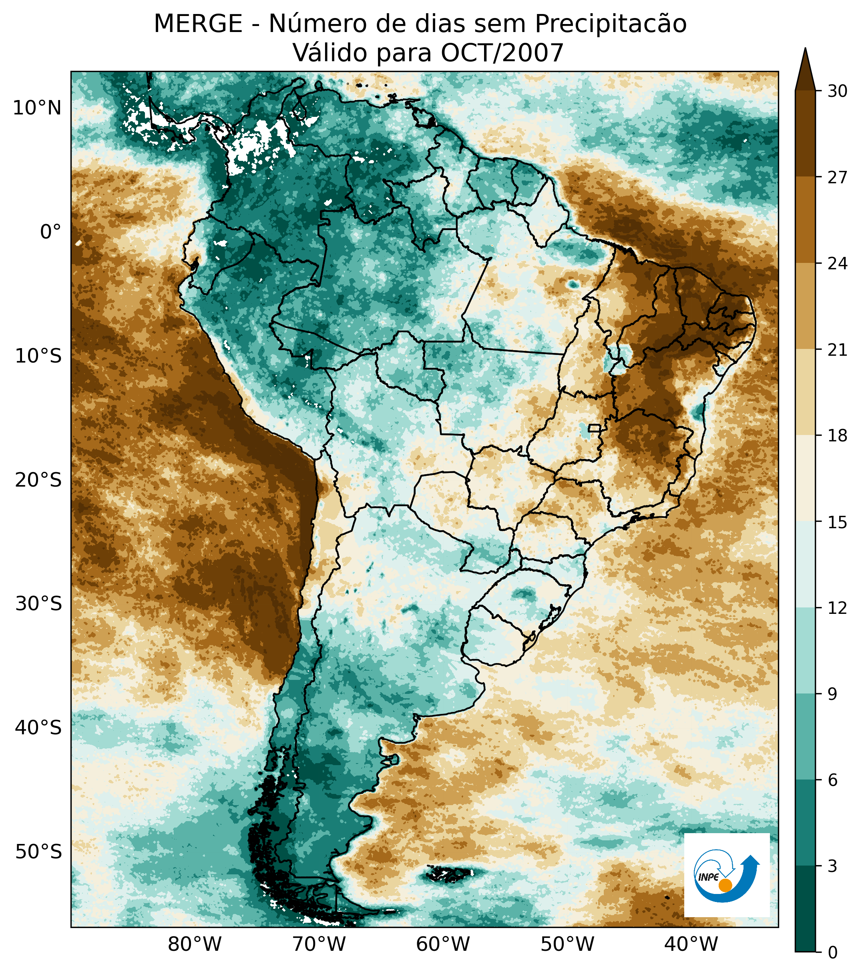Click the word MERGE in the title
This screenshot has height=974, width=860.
(x=198, y=24)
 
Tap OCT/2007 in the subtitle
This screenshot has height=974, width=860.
(x=502, y=53)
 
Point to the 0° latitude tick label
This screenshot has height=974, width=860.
(x=51, y=232)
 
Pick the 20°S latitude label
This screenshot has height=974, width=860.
(x=38, y=480)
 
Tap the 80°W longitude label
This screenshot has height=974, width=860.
(x=195, y=944)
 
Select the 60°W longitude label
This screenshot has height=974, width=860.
(x=443, y=944)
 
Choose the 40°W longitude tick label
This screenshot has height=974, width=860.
(x=691, y=944)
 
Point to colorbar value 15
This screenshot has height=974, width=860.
(x=837, y=522)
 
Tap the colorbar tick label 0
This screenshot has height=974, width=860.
(x=832, y=952)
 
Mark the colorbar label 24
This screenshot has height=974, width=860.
(x=837, y=264)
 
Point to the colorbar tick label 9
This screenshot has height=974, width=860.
(x=832, y=694)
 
